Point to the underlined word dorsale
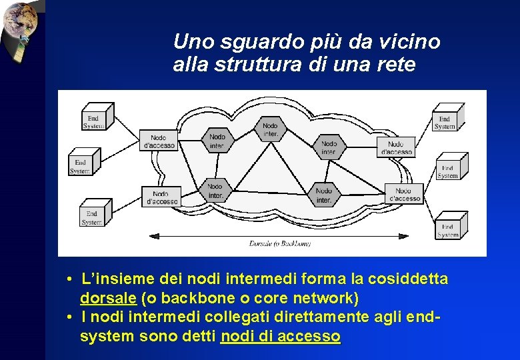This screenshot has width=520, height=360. coord(109,297)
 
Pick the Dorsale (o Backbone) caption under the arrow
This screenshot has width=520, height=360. coord(280,244)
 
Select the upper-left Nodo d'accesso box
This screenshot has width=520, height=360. coord(159,141)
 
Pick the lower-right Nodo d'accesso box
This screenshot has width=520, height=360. coord(404,195)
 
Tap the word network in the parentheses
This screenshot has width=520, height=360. coord(323,297)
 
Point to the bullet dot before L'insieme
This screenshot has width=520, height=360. coord(69,278)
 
